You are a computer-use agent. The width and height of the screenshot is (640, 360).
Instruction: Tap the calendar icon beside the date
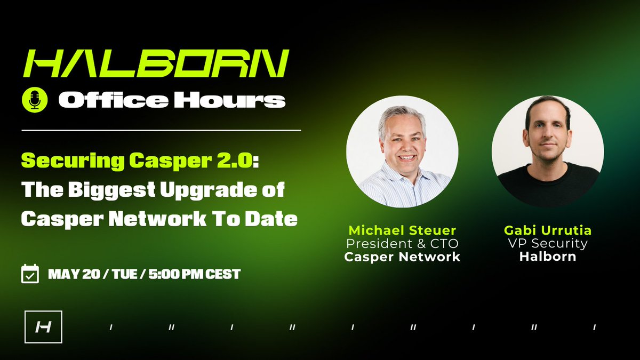29,274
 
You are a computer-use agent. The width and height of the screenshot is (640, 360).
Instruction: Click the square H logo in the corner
43,326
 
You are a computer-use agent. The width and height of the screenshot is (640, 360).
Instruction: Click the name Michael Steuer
402,230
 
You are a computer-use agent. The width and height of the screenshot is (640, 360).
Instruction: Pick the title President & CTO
402,244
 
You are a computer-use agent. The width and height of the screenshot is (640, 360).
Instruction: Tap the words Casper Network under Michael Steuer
402,257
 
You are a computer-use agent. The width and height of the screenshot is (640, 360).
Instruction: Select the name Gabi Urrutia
548,230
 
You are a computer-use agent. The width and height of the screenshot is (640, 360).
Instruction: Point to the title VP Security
548,244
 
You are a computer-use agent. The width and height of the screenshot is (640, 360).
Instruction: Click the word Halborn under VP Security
548,257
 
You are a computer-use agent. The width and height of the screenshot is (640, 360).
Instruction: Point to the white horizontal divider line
161,130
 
